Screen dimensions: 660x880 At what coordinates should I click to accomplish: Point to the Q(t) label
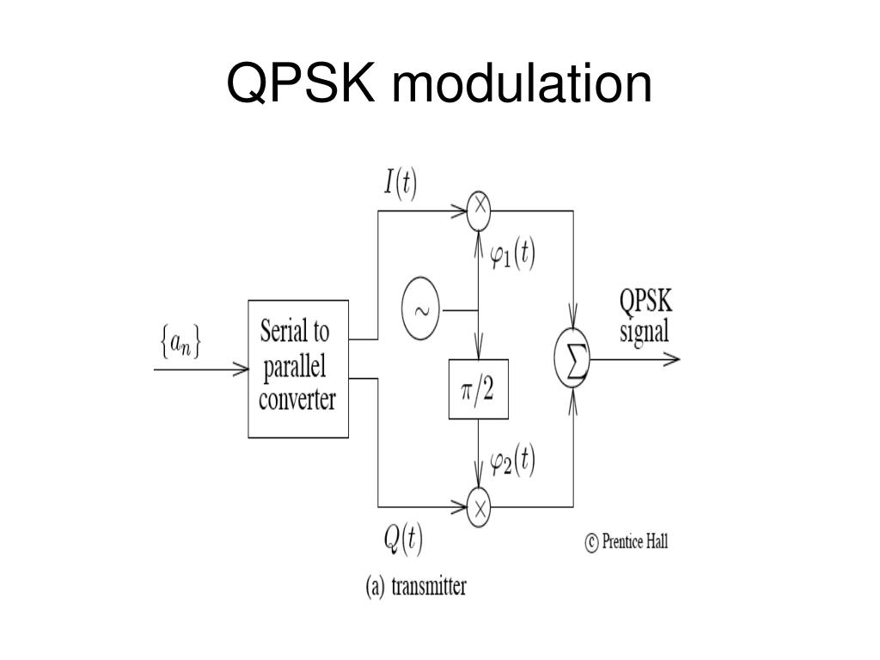[402, 539]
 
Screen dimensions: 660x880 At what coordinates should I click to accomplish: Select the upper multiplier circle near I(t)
[479, 211]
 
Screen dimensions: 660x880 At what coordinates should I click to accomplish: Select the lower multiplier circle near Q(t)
[479, 508]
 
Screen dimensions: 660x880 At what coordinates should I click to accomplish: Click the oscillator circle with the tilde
[420, 310]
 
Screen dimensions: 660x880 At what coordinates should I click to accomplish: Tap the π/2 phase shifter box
[479, 389]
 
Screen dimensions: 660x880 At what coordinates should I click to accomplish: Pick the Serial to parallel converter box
[297, 369]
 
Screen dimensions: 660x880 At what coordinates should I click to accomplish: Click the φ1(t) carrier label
[512, 256]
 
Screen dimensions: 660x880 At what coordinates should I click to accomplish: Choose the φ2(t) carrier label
[512, 463]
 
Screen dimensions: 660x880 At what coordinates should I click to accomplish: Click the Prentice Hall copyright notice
[626, 542]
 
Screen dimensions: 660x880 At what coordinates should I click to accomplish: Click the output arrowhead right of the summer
[673, 360]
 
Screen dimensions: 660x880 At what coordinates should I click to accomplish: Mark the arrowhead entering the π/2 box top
[479, 352]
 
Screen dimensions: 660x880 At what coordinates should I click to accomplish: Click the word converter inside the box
[296, 400]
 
